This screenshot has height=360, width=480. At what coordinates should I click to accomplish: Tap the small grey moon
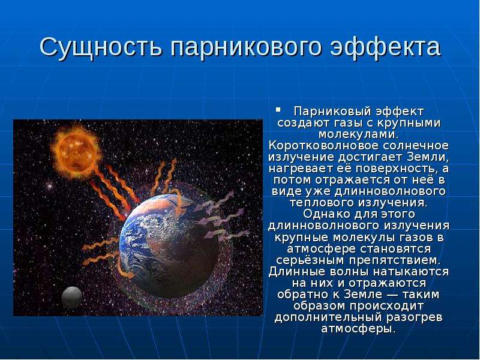point(72,297)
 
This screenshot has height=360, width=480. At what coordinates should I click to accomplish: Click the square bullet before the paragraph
point(278,109)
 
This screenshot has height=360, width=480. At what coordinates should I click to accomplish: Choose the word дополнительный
point(328,317)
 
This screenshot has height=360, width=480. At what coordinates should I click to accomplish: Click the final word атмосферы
point(358,329)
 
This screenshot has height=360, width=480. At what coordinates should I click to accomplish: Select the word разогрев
point(414,317)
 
